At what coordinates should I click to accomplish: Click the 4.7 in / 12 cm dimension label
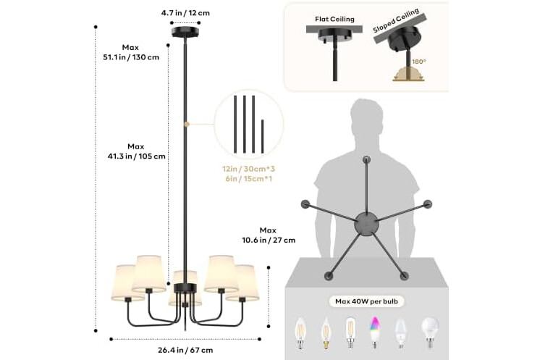pos(185,13)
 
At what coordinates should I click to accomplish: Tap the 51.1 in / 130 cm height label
pos(131,57)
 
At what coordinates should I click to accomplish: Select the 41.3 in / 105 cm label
pos(136,156)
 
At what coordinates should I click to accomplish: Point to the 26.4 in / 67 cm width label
pos(185,351)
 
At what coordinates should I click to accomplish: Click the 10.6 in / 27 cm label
pos(269,240)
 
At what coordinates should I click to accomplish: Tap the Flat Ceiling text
pos(334,20)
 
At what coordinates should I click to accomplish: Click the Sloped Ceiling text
pos(396,20)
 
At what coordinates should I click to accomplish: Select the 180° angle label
pos(419,62)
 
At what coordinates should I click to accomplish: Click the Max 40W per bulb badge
pos(366,301)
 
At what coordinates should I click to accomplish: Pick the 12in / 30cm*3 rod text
pos(248,169)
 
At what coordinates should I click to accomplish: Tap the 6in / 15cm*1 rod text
pos(249,179)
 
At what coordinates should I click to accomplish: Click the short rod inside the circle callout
pos(263,136)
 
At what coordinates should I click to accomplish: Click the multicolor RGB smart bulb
pos(374,332)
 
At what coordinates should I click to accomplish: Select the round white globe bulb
pos(430,332)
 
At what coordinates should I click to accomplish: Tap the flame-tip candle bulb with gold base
pos(326,333)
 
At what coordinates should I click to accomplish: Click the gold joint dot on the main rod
pos(187,124)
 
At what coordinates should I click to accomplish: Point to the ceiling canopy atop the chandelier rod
pos(185,32)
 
